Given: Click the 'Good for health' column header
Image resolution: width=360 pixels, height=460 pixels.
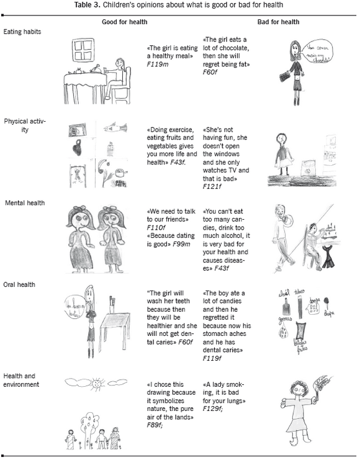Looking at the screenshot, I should (x=129, y=22).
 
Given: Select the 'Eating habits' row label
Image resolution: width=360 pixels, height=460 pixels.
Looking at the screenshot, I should (x=22, y=30).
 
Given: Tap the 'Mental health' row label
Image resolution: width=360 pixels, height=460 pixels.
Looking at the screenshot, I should (x=24, y=202).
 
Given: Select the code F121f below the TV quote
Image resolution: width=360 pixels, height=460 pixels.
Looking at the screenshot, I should (x=213, y=186).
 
